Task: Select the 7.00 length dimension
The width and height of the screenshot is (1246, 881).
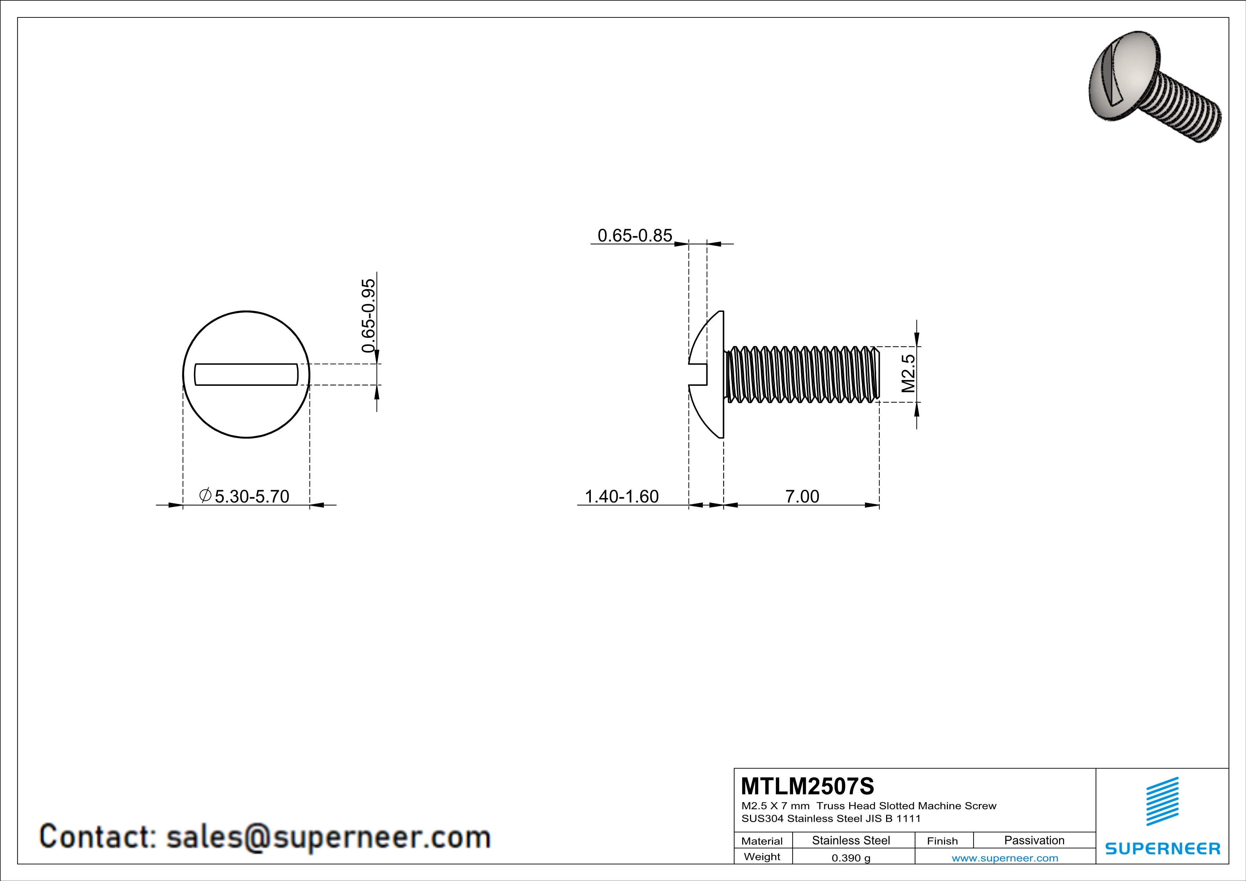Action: [802, 496]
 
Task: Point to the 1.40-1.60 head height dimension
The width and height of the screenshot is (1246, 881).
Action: [621, 496]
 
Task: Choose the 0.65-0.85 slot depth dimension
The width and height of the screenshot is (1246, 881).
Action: [635, 236]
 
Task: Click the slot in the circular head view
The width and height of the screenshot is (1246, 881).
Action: [246, 374]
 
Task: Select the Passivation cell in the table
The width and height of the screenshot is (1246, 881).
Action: [1034, 840]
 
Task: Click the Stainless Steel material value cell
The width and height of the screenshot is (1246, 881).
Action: [851, 840]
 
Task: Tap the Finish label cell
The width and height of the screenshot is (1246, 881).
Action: [942, 841]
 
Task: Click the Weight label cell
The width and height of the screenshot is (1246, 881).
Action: [762, 856]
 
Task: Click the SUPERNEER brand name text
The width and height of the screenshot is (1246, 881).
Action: [1163, 848]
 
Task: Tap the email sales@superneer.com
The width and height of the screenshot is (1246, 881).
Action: [328, 837]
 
